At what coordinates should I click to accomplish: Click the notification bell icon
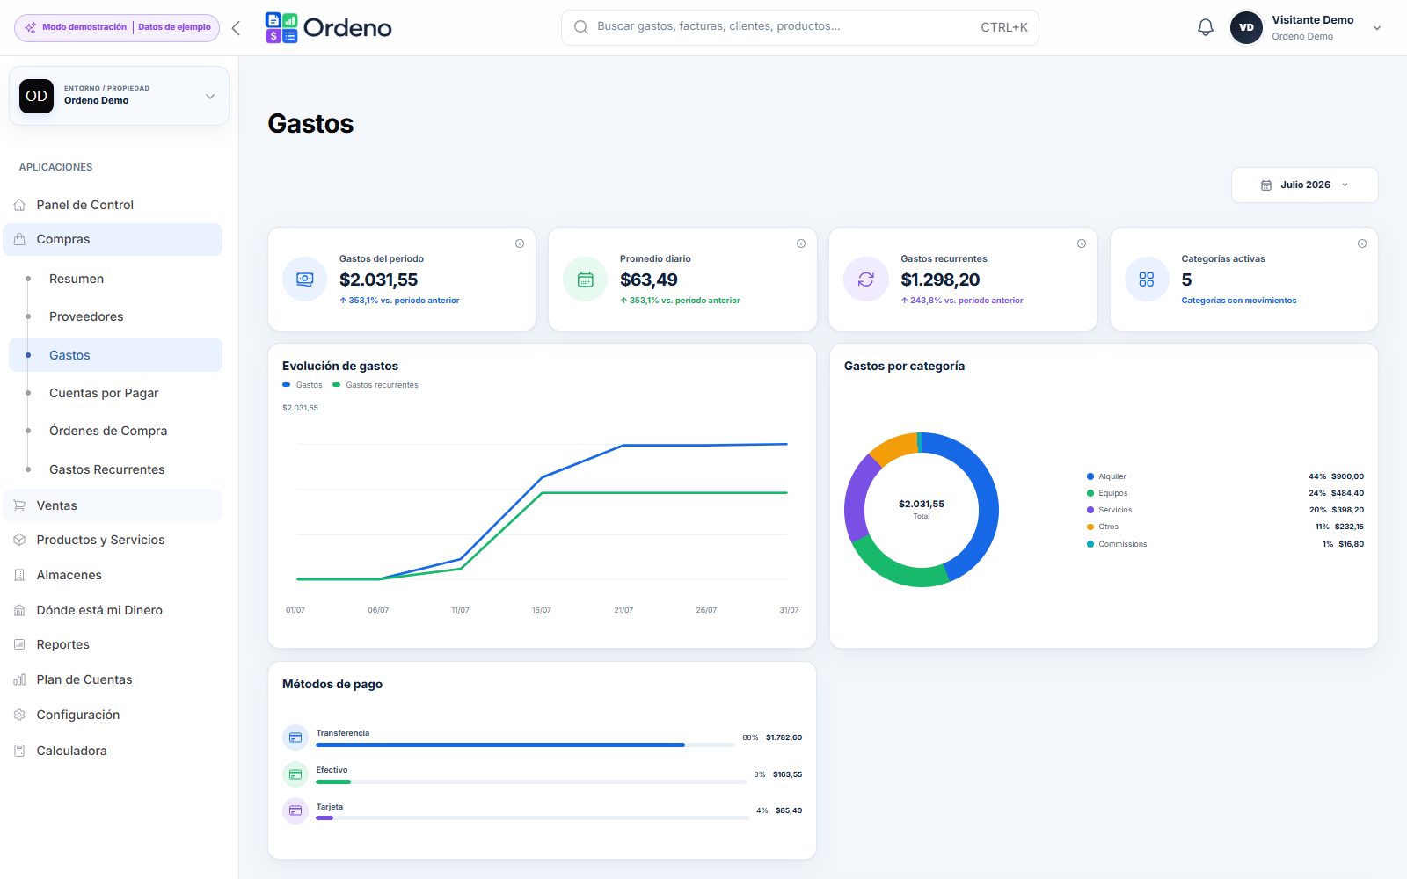(1205, 27)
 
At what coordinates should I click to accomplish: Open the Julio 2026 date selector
(1305, 185)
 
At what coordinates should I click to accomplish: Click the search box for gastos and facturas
(799, 27)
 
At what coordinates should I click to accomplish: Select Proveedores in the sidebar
(86, 316)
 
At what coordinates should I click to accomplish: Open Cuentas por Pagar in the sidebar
(104, 393)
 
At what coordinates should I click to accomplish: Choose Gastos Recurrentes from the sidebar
(106, 469)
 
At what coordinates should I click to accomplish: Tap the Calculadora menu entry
(71, 751)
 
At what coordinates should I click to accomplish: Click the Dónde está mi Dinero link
(99, 610)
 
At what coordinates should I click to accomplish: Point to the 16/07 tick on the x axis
(542, 610)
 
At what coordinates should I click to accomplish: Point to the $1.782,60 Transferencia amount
(784, 737)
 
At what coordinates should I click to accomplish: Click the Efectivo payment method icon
(295, 774)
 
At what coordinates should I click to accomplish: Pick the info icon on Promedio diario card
(801, 243)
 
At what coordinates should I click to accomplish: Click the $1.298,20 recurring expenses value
(940, 280)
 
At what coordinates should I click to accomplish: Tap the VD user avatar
(1246, 27)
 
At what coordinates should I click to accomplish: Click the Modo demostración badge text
(84, 27)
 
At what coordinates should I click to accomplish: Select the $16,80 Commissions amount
(1351, 544)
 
